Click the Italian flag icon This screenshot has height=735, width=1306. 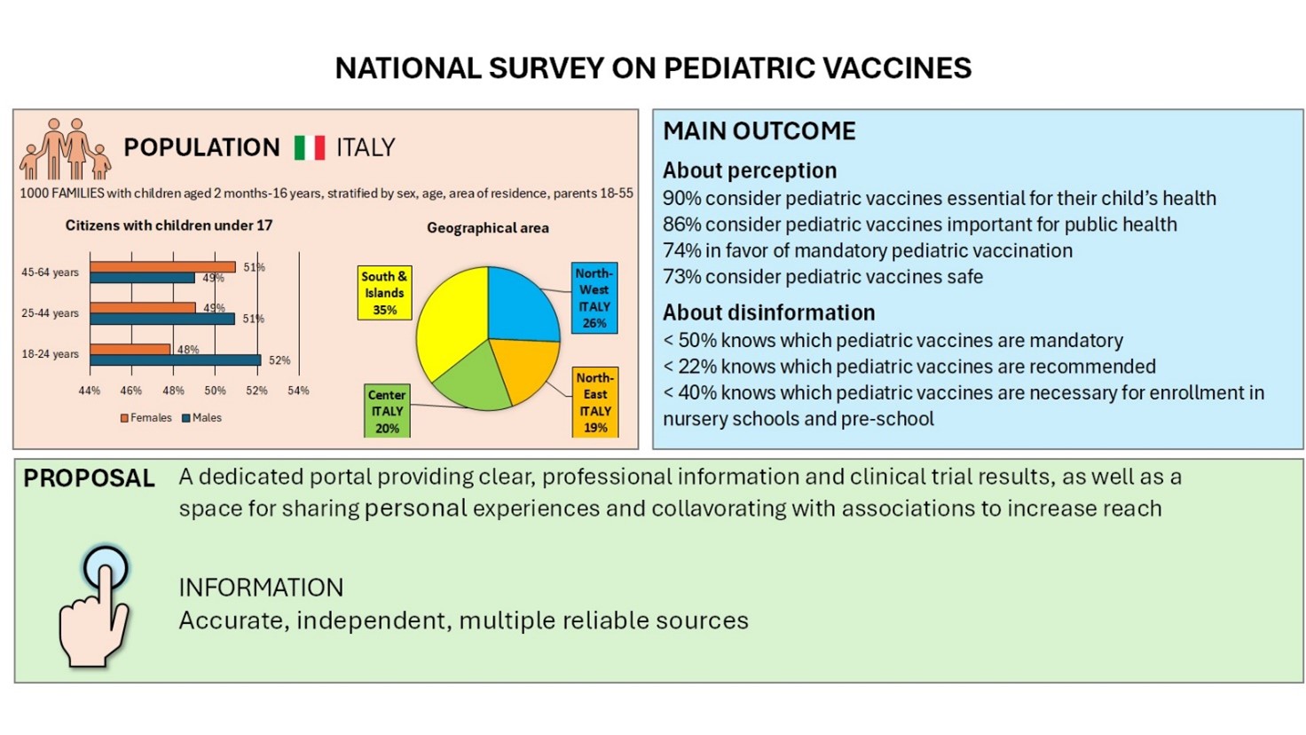(x=310, y=147)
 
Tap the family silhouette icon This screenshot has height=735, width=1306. (x=65, y=148)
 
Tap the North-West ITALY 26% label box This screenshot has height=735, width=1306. (x=594, y=298)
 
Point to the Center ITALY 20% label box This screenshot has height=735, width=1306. (x=387, y=411)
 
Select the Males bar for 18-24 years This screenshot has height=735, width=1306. (x=175, y=360)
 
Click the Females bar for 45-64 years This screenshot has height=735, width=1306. (x=162, y=267)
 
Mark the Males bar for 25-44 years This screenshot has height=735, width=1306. (x=162, y=319)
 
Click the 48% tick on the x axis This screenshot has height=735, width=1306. (x=173, y=391)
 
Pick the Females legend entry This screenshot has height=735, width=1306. (x=146, y=418)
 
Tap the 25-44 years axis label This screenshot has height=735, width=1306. (x=50, y=313)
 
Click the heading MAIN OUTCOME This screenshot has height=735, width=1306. (x=759, y=131)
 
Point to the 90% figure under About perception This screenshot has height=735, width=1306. (x=681, y=198)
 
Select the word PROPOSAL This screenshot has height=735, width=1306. (x=89, y=478)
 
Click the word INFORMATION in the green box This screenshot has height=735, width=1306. (x=261, y=588)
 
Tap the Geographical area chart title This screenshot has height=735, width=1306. (x=487, y=228)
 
